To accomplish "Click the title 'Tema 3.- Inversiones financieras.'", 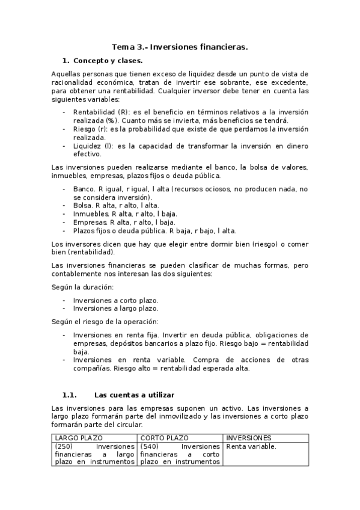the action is point(180,46).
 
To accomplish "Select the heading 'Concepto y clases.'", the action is point(107,61).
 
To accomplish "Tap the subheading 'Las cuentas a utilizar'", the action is point(134,395).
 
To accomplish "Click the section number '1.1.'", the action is point(70,395).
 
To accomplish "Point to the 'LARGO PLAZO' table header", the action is point(79,438).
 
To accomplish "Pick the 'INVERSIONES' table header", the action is point(248,438).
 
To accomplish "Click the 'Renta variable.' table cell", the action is point(251,446).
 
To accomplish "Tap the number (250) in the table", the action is point(64,446).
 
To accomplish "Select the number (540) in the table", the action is point(150,446).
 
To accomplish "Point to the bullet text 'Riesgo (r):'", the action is point(91,129).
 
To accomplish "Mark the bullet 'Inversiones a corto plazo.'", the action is point(115,300).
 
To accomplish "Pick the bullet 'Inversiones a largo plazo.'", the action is point(115,308).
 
